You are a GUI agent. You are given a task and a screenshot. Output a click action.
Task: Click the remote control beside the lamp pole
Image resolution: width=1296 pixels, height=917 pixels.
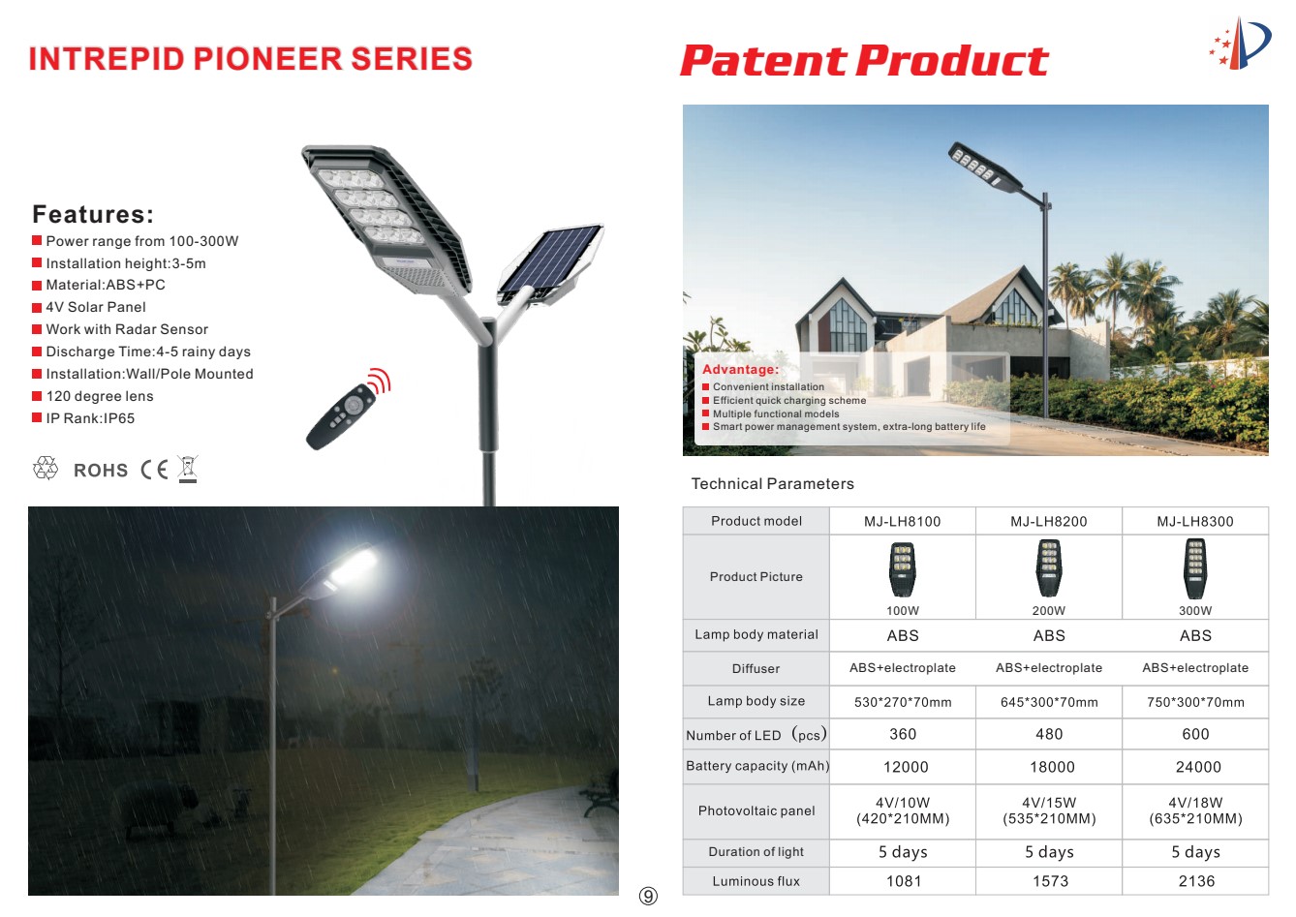point(340,416)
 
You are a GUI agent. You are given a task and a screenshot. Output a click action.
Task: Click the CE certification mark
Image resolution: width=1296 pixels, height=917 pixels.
point(154,470)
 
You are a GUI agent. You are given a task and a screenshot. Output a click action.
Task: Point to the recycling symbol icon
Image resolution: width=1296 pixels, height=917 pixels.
point(46,468)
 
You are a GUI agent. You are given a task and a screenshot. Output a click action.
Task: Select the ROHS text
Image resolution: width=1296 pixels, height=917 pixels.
point(101,471)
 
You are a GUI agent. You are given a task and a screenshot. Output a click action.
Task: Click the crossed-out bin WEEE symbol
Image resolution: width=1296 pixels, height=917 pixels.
point(188,470)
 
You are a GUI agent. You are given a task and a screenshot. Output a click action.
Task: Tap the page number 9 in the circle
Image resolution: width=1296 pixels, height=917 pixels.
point(648,896)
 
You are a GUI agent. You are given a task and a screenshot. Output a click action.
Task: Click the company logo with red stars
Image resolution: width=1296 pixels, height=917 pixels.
point(1240,44)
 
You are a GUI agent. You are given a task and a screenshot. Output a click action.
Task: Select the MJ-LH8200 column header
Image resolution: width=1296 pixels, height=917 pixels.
point(1048,521)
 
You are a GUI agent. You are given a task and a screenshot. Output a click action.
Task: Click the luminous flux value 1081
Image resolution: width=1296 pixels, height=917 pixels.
point(904,881)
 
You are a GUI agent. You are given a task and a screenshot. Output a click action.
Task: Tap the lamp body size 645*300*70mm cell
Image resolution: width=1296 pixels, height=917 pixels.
point(1049,702)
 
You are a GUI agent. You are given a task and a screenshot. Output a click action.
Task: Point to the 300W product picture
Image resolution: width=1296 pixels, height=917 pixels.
point(1194,569)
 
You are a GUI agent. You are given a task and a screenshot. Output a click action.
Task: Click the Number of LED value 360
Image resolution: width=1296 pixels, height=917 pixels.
point(903,734)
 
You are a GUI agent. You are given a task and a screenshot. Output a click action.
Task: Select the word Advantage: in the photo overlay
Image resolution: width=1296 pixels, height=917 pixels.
point(741,370)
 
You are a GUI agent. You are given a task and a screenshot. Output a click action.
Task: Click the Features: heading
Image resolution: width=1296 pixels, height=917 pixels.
point(93,214)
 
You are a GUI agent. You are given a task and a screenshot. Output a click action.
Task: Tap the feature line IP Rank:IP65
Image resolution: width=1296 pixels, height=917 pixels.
point(90,418)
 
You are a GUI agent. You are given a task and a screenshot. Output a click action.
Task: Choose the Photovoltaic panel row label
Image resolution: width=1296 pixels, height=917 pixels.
point(756,811)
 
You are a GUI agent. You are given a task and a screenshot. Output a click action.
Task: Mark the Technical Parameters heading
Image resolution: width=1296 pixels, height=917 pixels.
point(772,483)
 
